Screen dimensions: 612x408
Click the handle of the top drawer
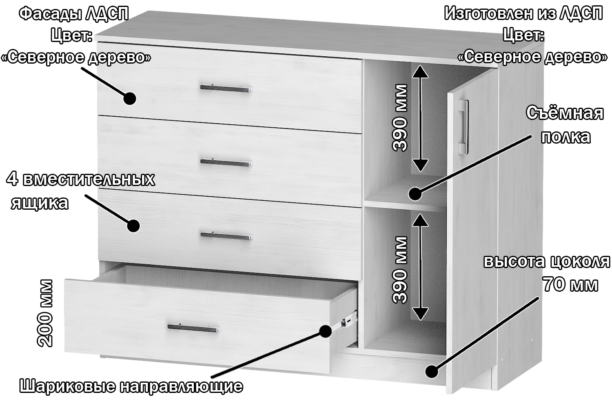226,88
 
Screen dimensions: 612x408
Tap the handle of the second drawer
226,162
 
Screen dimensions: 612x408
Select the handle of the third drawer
226,236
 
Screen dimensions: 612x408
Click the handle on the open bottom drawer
194,328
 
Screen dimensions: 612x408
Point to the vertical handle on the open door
463,127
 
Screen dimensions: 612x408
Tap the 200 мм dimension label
44,313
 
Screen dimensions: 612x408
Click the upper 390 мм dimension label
399,118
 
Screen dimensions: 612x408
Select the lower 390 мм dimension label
399,270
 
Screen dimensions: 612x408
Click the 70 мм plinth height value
570,284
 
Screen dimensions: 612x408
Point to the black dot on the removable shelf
415,194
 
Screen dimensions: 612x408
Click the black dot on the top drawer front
129,98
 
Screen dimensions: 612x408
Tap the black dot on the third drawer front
133,226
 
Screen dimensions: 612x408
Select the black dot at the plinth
432,371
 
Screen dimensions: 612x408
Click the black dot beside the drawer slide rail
325,331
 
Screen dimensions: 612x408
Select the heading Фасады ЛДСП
74,13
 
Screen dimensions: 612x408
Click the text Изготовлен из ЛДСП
523,13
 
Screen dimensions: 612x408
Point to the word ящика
40,204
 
